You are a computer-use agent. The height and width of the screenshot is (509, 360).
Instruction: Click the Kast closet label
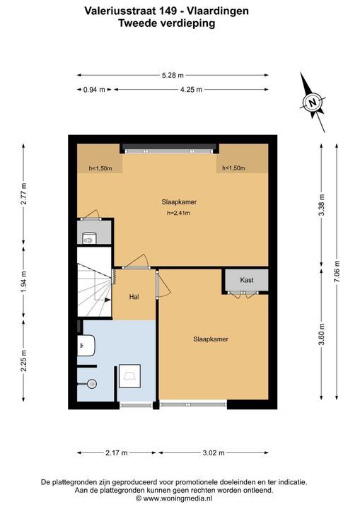point(247,280)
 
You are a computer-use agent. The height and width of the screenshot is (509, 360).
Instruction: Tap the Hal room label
point(134,297)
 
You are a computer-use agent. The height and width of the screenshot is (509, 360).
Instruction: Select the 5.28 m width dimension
point(173,76)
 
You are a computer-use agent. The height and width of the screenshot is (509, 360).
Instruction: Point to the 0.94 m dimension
point(94,90)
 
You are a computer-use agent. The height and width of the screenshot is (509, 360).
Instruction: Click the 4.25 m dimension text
point(191,90)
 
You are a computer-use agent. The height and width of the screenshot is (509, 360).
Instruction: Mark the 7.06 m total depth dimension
point(337,271)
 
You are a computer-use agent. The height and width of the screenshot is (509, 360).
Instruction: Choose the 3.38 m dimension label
point(321,205)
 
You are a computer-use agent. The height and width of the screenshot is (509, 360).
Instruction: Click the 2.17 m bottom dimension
point(116,453)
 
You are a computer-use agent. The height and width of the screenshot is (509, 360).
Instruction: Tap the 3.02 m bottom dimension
point(214,453)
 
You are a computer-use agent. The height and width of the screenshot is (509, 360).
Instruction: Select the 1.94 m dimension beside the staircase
point(23,281)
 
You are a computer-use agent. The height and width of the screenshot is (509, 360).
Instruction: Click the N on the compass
point(312,103)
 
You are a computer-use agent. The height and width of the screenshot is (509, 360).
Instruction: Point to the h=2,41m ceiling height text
point(178,213)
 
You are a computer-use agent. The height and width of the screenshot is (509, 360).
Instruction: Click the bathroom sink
point(86,346)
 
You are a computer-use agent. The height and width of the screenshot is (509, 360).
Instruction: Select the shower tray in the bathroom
point(129,376)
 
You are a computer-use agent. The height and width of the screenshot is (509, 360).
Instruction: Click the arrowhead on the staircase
point(108,300)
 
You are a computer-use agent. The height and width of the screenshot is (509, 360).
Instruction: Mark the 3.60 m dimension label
point(321,334)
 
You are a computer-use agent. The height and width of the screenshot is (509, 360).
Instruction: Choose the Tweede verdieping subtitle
point(167,23)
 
